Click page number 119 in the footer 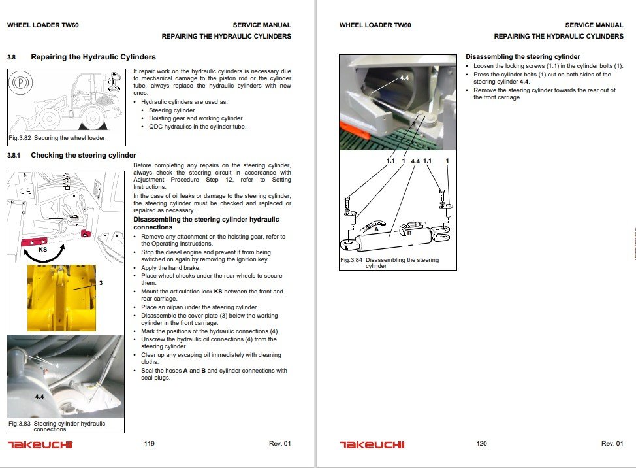tap(149, 444)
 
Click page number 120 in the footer tap(481, 444)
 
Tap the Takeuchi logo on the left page tap(40, 445)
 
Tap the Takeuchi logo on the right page tap(372, 445)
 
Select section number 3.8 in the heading tap(12, 58)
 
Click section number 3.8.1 tap(14, 156)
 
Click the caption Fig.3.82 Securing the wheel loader tap(56, 138)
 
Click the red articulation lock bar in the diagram tap(39, 242)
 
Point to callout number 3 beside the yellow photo tap(102, 283)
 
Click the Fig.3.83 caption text tap(57, 426)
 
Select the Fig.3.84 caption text tap(390, 263)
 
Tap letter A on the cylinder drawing tap(376, 229)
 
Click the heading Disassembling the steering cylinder tap(522, 57)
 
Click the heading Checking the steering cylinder tap(84, 156)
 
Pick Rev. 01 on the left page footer tap(279, 444)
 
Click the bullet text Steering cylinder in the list tap(172, 110)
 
